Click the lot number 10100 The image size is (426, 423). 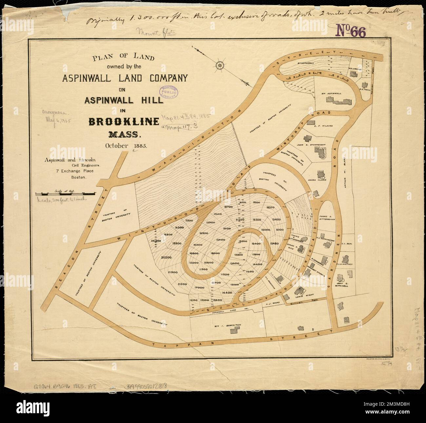click(x=280, y=230)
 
